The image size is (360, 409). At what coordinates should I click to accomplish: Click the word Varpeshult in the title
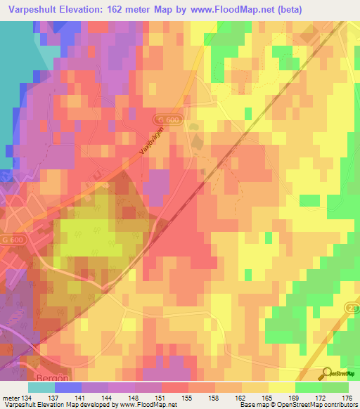[33, 10]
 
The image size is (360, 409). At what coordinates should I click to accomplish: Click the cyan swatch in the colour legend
[41, 387]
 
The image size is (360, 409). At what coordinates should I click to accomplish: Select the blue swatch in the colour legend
[67, 387]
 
